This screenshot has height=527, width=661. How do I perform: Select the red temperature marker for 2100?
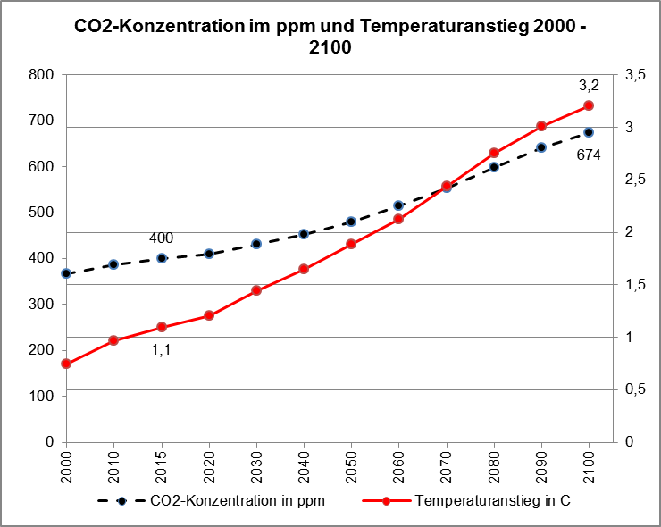coord(589,105)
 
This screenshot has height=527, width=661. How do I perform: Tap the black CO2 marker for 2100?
coord(589,132)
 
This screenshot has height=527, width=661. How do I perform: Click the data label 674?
coord(589,155)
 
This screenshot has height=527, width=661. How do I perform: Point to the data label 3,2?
coord(589,86)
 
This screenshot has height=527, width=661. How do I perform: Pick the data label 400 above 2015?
coord(161,238)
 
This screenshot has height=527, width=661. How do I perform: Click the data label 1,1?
coord(161,350)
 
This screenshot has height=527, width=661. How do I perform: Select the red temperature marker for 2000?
coord(66,364)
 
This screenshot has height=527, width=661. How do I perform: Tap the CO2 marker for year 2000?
coord(66,273)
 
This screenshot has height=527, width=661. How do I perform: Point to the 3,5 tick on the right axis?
coord(636,75)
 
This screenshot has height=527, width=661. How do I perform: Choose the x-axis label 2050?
coord(351,466)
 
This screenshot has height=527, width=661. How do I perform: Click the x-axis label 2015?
coord(162,466)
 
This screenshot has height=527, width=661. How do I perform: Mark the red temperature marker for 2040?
coord(304,269)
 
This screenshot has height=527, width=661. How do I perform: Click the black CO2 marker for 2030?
coord(256,244)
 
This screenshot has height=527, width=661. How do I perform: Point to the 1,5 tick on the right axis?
coord(636,285)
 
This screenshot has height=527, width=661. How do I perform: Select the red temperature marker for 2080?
coord(494,153)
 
